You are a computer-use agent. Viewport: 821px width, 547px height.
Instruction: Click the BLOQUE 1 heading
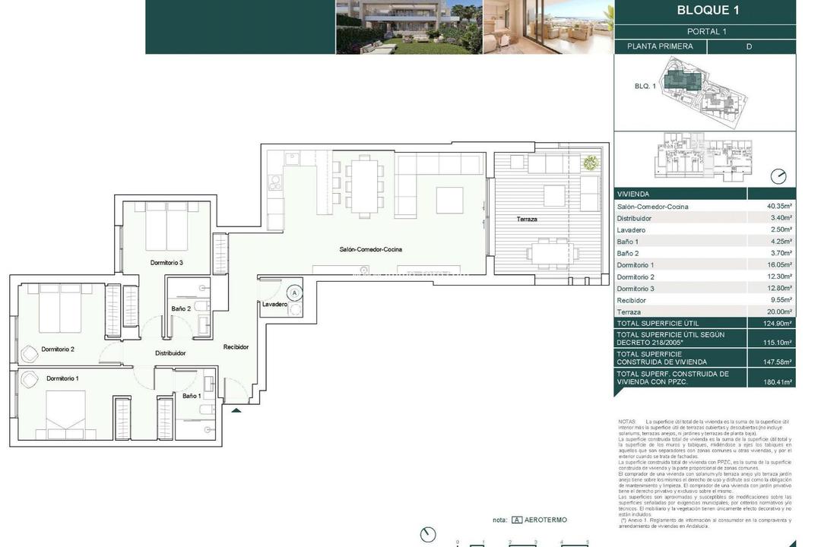pyautogui.click(x=707, y=11)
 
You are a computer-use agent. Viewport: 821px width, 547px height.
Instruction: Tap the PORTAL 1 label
pyautogui.click(x=706, y=32)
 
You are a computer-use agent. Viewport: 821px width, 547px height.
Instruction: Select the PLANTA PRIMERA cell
pyautogui.click(x=660, y=46)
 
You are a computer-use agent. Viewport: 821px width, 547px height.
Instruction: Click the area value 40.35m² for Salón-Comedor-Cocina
pyautogui.click(x=779, y=207)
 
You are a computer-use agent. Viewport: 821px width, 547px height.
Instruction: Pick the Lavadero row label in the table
pyautogui.click(x=631, y=230)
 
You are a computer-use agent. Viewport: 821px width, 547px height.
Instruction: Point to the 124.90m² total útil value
pyautogui.click(x=778, y=323)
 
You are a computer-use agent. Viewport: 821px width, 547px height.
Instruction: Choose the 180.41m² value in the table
pyautogui.click(x=778, y=382)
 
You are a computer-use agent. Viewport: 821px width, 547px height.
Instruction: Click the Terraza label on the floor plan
pyautogui.click(x=527, y=219)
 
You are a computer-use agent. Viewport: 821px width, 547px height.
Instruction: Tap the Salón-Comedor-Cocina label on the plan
pyautogui.click(x=370, y=249)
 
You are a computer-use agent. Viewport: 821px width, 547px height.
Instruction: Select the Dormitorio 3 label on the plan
pyautogui.click(x=166, y=263)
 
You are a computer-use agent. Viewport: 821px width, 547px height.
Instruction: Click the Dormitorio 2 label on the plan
pyautogui.click(x=58, y=349)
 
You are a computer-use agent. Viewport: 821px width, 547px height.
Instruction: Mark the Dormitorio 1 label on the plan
pyautogui.click(x=62, y=378)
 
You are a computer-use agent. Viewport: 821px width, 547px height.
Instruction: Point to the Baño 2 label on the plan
pyautogui.click(x=181, y=308)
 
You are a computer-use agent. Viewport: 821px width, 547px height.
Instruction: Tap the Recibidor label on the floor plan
pyautogui.click(x=236, y=347)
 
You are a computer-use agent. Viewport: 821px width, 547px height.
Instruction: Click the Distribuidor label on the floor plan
pyautogui.click(x=170, y=353)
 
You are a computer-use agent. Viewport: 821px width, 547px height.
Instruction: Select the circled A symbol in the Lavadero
pyautogui.click(x=294, y=292)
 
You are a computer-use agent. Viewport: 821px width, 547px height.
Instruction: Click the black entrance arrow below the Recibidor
pyautogui.click(x=236, y=411)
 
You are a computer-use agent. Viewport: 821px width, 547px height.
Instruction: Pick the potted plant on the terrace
pyautogui.click(x=590, y=162)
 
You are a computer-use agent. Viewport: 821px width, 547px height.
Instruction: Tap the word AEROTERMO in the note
pyautogui.click(x=546, y=520)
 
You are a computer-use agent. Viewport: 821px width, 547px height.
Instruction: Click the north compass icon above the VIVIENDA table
pyautogui.click(x=778, y=176)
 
